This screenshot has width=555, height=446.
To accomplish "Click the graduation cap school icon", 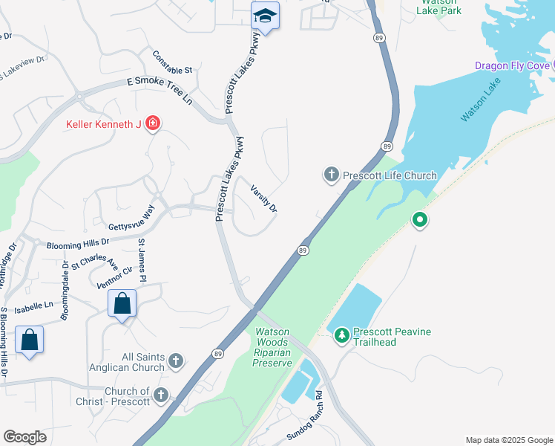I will (265, 15).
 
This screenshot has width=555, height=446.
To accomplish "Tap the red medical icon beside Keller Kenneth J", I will (153, 123).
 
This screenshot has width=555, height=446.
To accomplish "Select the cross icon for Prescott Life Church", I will (331, 175).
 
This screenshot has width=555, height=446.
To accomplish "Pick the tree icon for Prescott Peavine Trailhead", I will (341, 336).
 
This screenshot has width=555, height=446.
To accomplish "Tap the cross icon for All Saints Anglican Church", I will (176, 361).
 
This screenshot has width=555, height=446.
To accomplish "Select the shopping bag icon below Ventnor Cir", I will (122, 303).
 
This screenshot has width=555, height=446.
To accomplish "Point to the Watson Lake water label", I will (481, 100).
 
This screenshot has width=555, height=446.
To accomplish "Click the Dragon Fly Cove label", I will (513, 65).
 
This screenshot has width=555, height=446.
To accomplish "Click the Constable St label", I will (172, 62).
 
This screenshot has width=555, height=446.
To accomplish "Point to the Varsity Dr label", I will (263, 198).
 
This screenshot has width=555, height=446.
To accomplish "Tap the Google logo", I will (24, 437).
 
